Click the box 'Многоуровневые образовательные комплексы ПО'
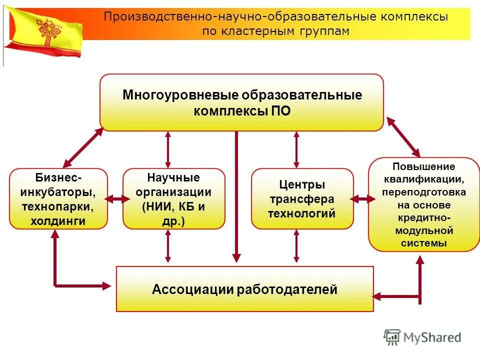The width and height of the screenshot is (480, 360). point(241,102)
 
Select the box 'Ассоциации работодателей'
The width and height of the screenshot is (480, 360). point(244,289)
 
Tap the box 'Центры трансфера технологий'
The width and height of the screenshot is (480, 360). point(302,199)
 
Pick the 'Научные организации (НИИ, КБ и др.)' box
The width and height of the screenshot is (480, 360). point(173,199)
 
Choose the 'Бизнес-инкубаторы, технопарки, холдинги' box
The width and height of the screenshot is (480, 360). point(58,199)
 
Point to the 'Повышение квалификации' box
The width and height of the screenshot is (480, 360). point(423,204)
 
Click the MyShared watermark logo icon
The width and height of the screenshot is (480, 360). point(392,336)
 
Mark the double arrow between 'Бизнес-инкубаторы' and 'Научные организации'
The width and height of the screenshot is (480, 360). point(115,199)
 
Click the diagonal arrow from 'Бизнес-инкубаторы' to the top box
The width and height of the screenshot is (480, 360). point(83,147)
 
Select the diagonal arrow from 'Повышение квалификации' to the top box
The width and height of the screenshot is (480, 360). point(403,136)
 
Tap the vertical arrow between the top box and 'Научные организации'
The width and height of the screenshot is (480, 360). point(168,149)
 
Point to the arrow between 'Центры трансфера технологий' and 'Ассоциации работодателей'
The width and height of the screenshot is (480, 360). point(296,246)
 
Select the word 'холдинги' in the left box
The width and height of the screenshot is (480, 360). point(57,220)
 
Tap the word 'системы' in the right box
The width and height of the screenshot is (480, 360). point(423,243)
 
